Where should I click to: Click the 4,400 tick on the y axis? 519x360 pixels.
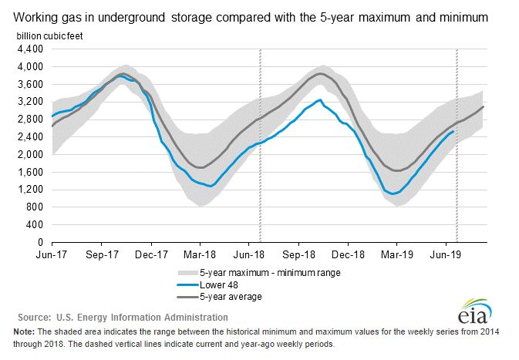click(x=29, y=49)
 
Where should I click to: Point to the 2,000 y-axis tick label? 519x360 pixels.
click(x=29, y=154)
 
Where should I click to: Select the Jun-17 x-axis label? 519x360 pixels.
click(x=52, y=253)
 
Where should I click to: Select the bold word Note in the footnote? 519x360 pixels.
click(x=24, y=331)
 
